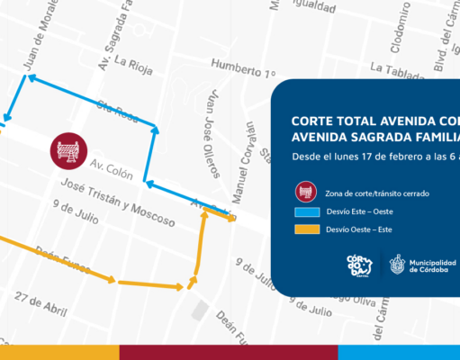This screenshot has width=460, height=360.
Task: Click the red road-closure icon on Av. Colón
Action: coord(68,152)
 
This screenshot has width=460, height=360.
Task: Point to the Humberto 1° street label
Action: coord(242,66)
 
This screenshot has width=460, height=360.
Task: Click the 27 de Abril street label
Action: coord(41,303)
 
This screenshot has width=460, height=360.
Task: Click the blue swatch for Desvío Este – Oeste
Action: coord(306,212)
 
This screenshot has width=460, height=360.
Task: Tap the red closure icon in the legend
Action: coord(306,193)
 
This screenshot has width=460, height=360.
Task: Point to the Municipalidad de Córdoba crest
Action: coord(397,265)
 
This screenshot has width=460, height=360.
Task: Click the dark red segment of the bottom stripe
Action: coord(229,352)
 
